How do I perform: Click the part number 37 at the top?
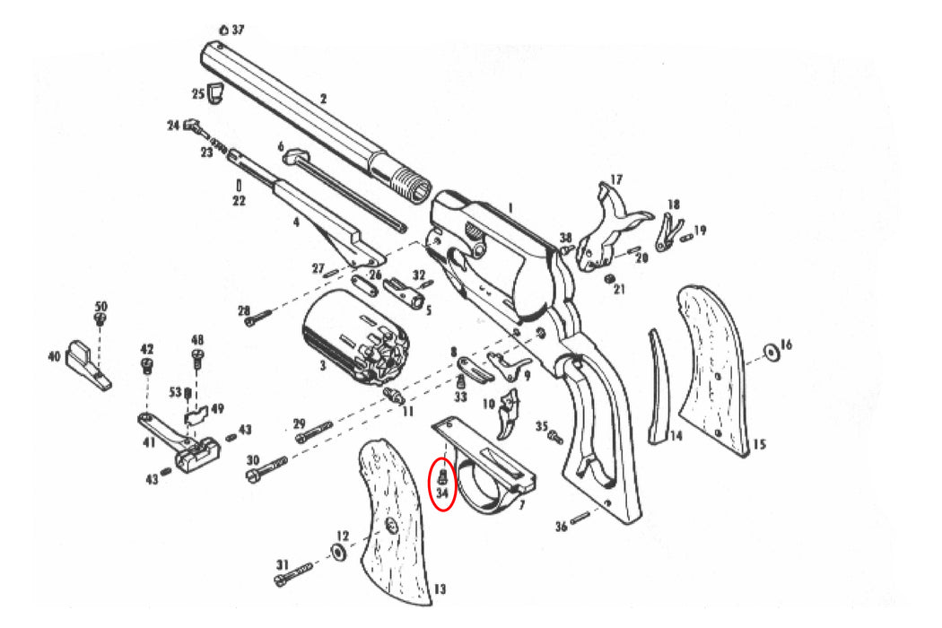coord(238,30)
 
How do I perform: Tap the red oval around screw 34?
coord(443,484)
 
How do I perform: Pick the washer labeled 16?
coord(771,351)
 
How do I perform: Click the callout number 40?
coord(54,357)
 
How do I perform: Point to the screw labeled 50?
coord(100,318)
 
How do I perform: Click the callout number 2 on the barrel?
coord(323,98)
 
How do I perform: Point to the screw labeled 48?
coord(198,360)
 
